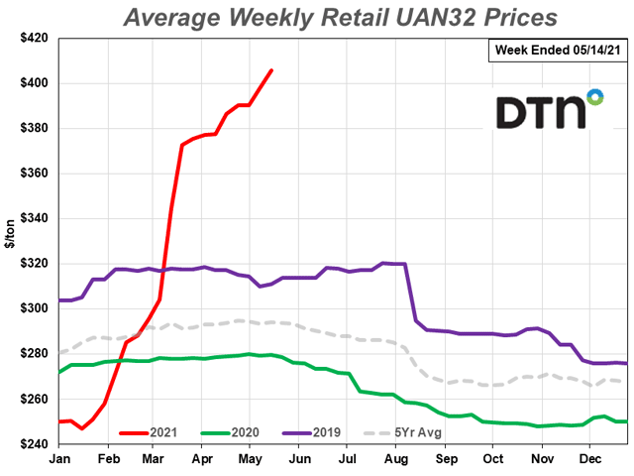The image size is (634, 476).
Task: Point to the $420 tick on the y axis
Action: [34, 38]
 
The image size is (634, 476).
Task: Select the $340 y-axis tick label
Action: [34, 218]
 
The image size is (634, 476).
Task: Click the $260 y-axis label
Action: [34, 399]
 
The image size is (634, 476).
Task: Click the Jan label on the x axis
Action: [58, 458]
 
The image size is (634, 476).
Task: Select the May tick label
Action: [251, 458]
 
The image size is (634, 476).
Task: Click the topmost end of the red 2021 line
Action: [272, 69]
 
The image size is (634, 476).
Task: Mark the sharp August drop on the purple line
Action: [409, 293]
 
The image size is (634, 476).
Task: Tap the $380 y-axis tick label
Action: [34, 128]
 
